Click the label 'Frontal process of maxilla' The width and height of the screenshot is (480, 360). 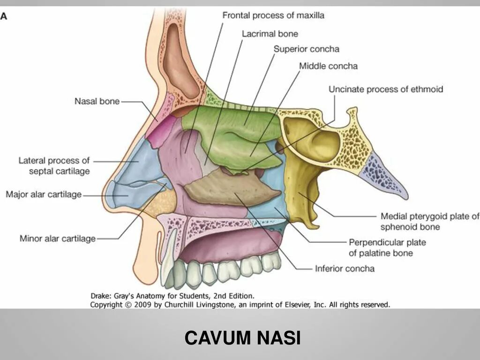coord(273,15)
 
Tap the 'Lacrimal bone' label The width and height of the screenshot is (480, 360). coord(270,34)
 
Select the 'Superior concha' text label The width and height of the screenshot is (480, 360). coord(306,49)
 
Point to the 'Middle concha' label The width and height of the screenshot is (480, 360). coord(328,66)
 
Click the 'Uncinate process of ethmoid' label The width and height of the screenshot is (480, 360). coord(385,89)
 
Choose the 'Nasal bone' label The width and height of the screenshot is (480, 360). coord(97,101)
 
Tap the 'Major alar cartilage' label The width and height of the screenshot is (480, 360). coord(44,194)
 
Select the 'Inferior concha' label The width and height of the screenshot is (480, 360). coord(345,269)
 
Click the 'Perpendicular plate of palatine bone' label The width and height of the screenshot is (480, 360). coord(387,247)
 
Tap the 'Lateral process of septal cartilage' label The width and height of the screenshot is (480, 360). coord(54,166)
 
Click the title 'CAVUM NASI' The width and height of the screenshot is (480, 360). coord(242,337)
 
